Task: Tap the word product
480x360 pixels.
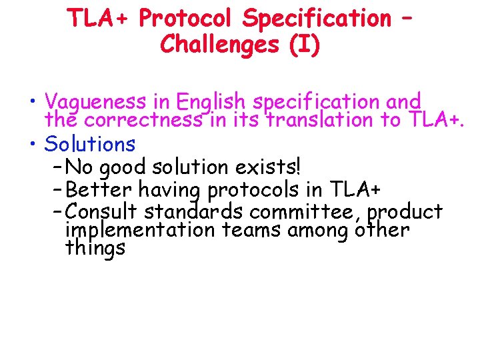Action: click(405, 213)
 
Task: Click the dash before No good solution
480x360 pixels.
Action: click(57, 165)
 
